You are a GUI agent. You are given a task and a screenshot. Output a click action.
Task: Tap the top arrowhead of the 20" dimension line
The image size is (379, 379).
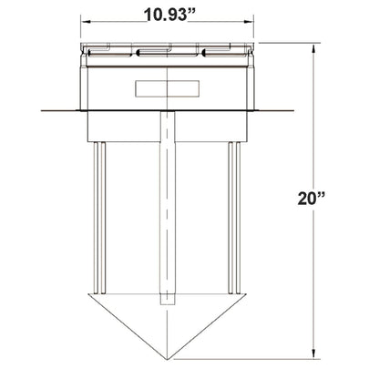(x=314, y=46)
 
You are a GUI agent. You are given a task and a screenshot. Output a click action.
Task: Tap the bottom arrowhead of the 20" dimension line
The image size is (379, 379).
(x=314, y=354)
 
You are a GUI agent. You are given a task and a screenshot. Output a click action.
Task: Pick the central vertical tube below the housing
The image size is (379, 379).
(x=169, y=210)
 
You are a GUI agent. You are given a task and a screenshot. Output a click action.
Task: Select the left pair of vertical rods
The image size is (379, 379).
(x=102, y=219)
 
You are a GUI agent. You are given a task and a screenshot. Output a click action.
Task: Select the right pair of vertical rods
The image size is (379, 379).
(x=235, y=219)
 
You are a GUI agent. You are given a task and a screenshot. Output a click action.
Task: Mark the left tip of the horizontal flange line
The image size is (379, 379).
(x=41, y=111)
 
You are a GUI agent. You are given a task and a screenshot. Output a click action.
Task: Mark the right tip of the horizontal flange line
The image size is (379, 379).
(x=293, y=111)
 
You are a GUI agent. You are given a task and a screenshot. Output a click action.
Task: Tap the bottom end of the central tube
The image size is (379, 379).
(x=169, y=303)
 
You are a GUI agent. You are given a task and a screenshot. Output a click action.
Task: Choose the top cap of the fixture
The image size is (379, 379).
(x=169, y=51)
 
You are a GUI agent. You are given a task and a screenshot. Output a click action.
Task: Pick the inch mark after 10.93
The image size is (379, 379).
(x=198, y=10)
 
